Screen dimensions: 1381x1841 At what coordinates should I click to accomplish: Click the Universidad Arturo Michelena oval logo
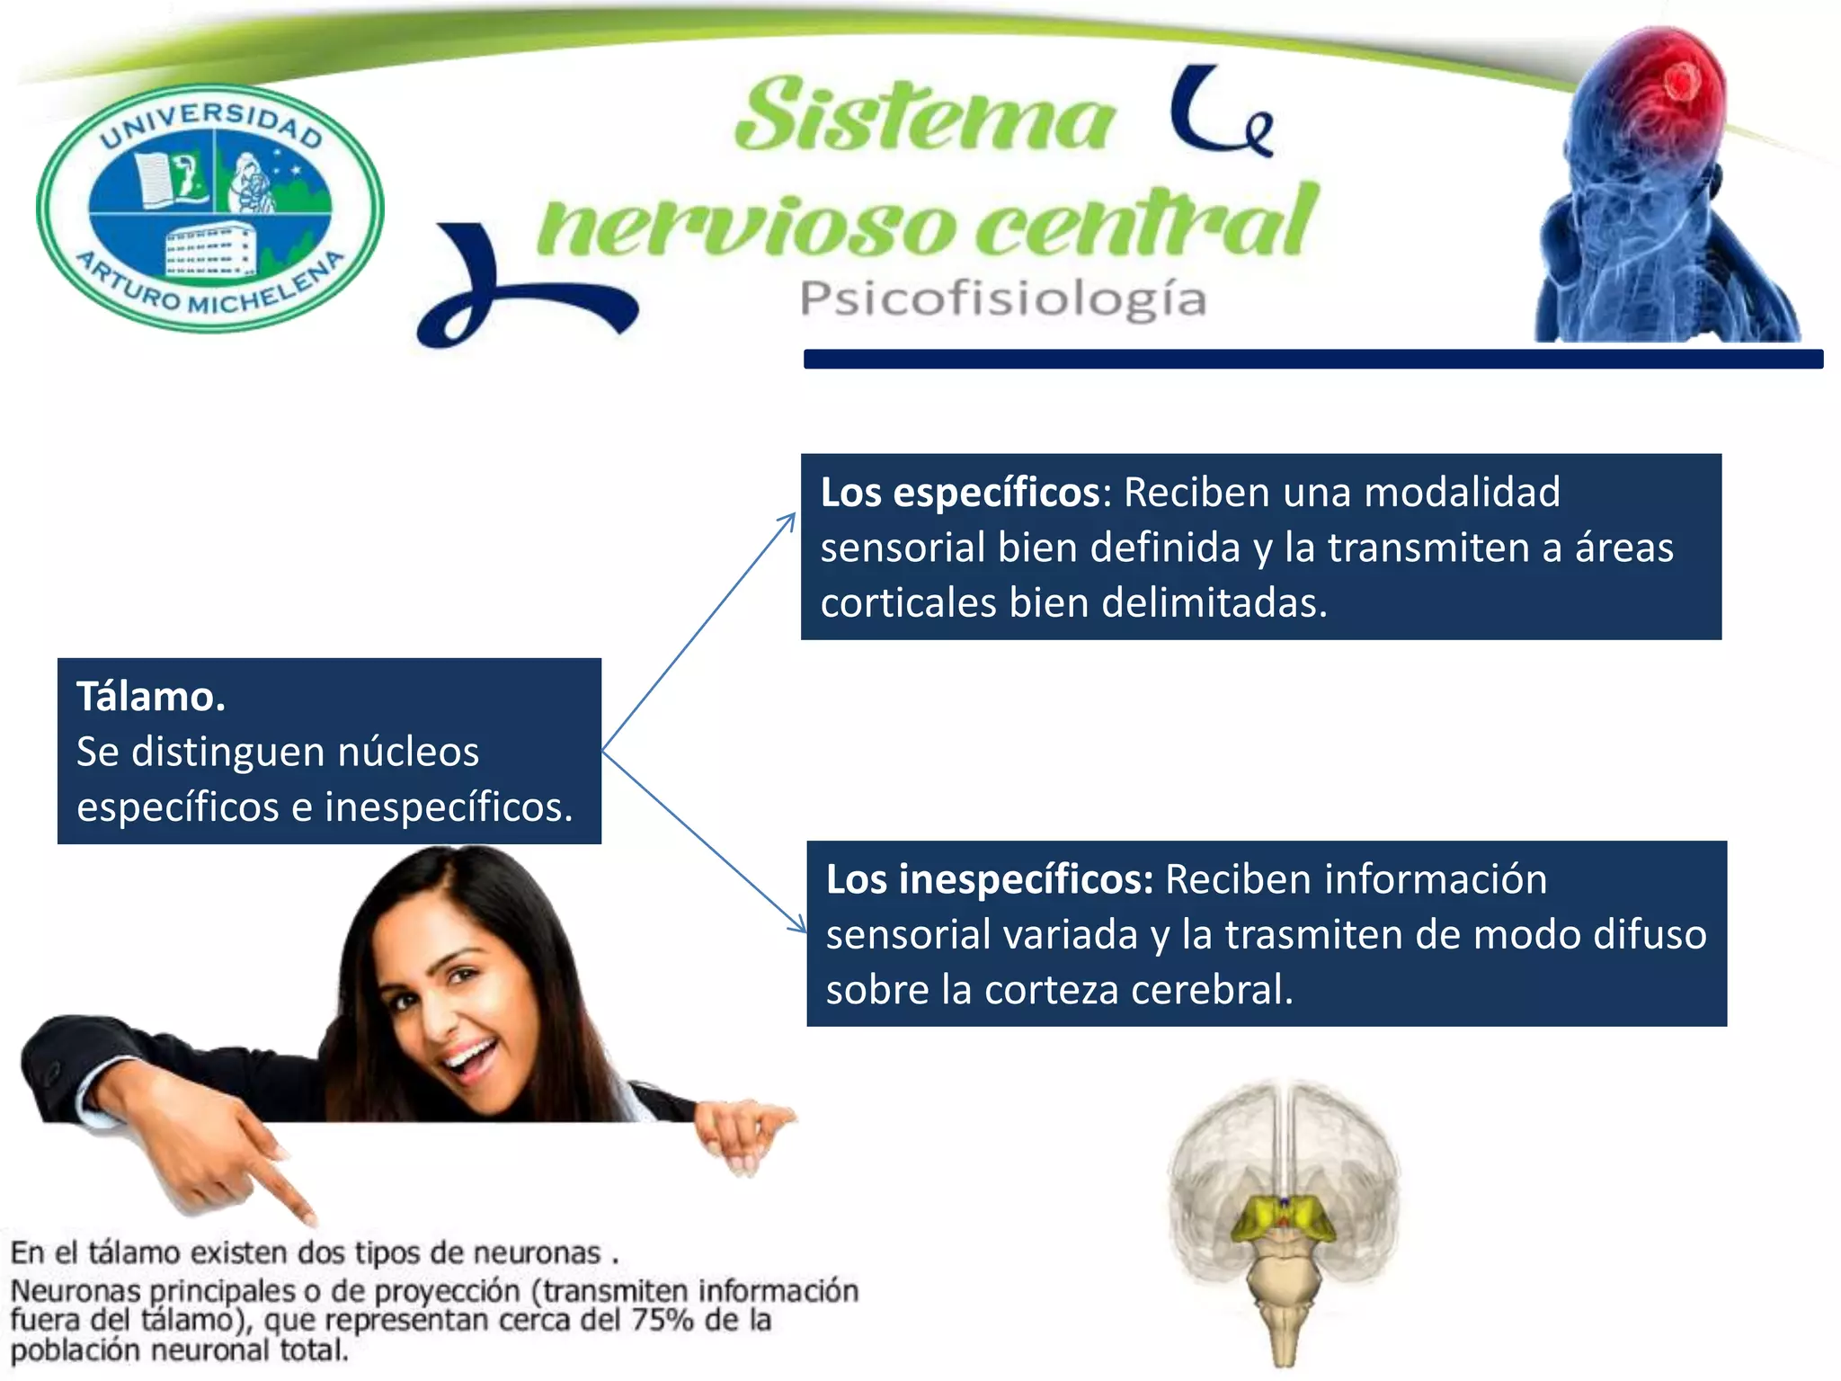point(209,209)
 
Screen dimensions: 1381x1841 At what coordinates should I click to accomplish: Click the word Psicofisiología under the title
point(1002,299)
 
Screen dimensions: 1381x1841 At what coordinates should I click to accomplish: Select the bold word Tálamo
point(150,697)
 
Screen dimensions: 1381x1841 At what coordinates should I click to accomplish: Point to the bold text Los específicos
point(959,493)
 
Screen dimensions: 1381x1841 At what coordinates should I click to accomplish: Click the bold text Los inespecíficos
point(989,879)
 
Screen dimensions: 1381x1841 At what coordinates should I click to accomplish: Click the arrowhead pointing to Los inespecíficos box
point(798,925)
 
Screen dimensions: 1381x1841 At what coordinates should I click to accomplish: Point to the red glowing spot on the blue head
point(1677,83)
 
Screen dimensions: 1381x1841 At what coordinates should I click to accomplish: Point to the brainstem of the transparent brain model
point(1285,1295)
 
